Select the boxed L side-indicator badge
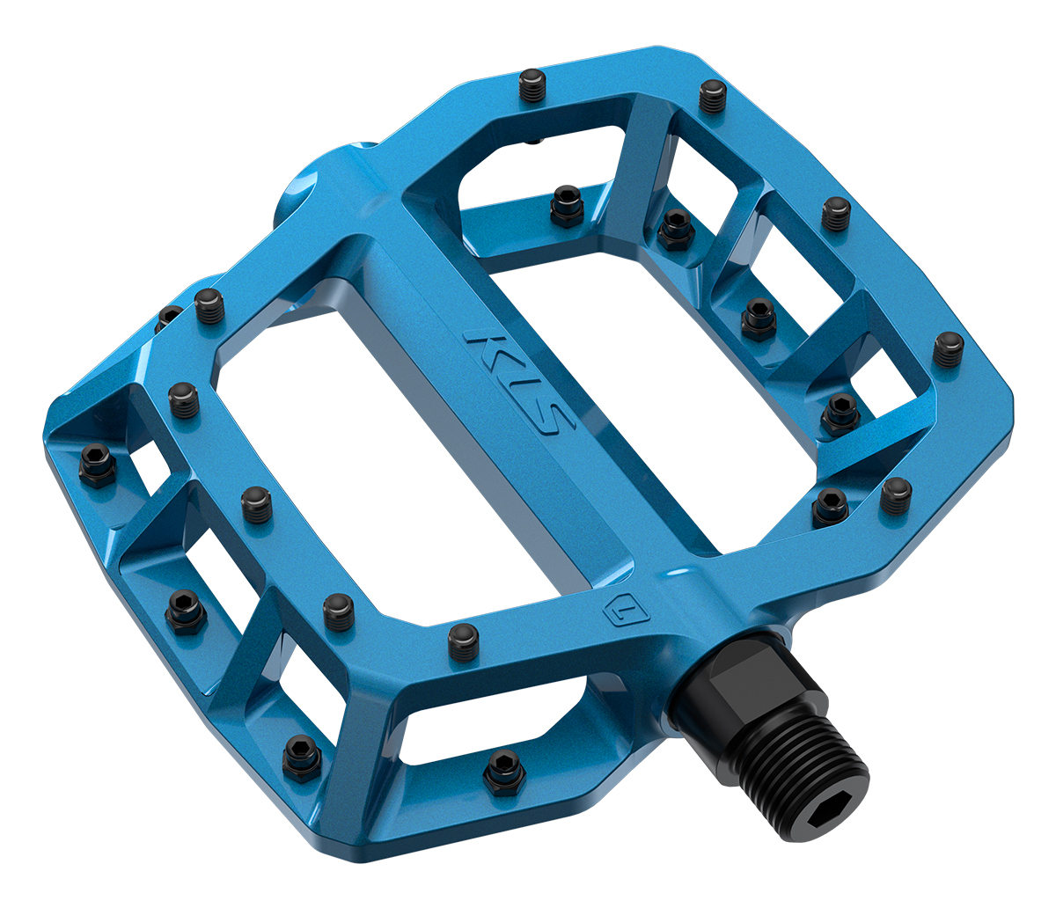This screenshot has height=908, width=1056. tap(626, 611)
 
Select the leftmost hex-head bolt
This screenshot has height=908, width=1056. tap(98, 465)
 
